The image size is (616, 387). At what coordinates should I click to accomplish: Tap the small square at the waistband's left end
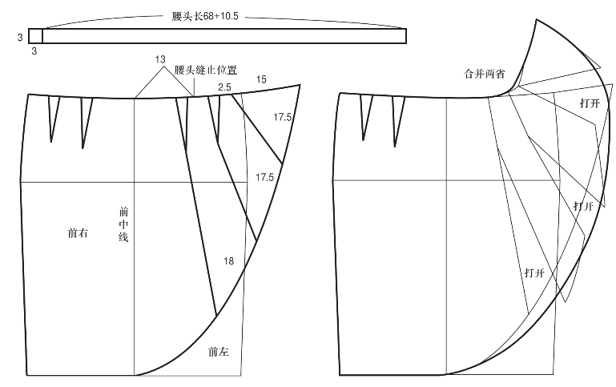tap(35, 36)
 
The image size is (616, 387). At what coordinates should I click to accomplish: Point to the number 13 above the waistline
tap(160, 60)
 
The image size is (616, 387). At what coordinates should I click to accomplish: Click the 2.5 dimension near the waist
tap(225, 86)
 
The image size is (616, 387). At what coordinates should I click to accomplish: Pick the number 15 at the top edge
tap(261, 79)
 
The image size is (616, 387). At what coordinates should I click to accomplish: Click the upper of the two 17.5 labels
tap(282, 117)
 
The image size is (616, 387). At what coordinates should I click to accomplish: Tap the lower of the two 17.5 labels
tap(265, 177)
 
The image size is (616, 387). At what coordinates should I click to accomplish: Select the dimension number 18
tap(229, 261)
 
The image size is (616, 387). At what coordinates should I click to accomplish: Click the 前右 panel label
tap(78, 234)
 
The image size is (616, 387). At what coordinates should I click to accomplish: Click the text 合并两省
tap(484, 73)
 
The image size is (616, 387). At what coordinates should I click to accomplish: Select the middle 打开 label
tap(584, 206)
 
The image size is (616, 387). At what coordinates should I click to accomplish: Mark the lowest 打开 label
tap(534, 272)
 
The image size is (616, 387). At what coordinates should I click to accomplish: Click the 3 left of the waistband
tap(19, 36)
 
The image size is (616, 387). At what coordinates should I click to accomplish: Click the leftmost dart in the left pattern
tap(53, 119)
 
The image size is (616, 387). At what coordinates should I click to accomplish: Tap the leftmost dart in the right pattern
tap(365, 118)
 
